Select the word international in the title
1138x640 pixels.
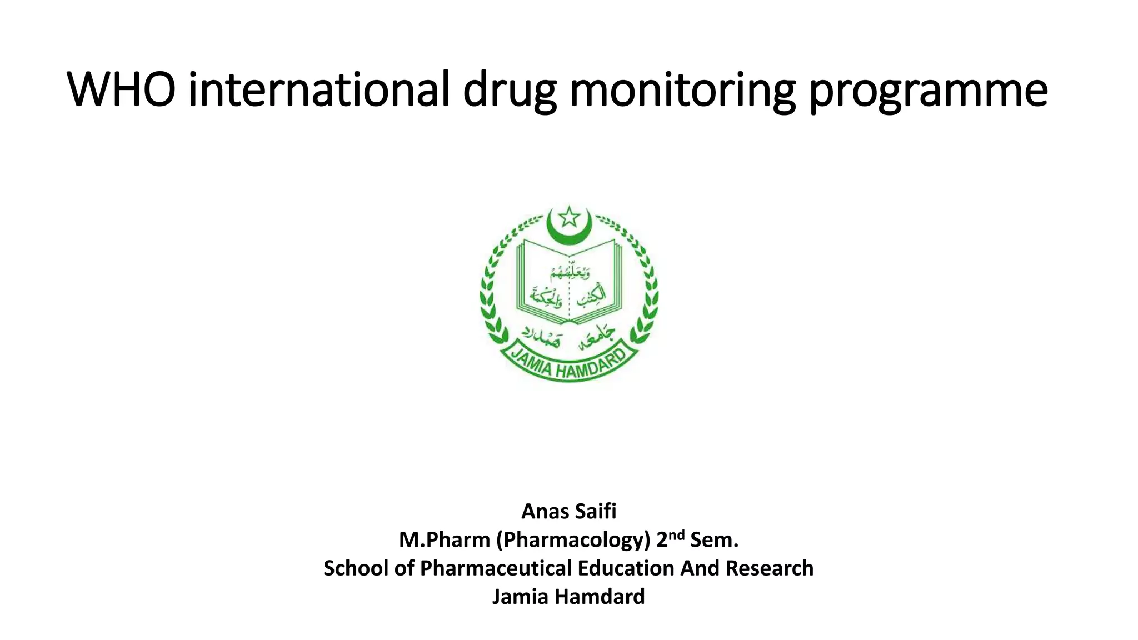[x=318, y=90]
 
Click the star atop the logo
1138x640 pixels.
[x=568, y=217]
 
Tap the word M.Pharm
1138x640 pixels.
[x=445, y=540]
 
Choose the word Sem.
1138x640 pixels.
[x=715, y=540]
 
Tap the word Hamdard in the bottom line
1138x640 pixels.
[x=600, y=597]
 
